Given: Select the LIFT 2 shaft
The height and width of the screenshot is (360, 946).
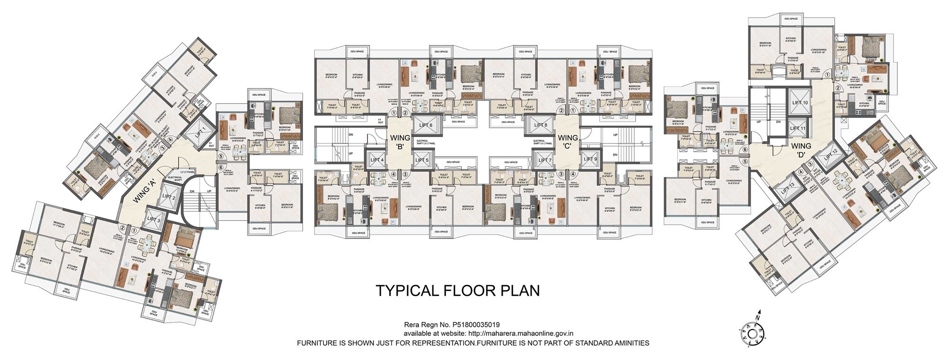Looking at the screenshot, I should point(169,196).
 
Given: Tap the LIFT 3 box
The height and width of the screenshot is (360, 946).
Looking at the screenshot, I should point(154,219).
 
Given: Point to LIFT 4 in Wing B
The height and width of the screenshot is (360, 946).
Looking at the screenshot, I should point(377,160).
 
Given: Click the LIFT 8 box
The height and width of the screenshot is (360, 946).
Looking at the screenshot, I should point(540,125).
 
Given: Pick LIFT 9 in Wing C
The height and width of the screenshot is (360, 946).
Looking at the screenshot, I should point(590,159).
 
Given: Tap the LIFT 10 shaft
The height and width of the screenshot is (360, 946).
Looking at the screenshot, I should point(799,102).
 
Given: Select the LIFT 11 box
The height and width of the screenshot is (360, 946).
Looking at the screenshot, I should point(798,128).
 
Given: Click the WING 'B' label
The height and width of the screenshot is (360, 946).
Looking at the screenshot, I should point(399,142).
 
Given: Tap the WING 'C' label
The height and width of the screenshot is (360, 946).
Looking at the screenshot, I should point(567,142).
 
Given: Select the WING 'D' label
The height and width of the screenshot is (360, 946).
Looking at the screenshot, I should point(801,150).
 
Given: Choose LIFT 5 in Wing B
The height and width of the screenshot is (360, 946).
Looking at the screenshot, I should point(421,160).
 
